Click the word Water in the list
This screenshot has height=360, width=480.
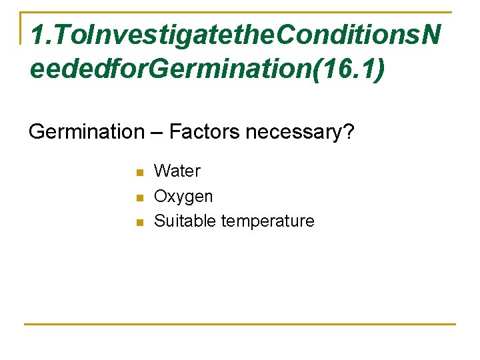point(177,171)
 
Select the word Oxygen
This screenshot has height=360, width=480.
point(183,197)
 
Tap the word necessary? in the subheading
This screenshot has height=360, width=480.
point(300,133)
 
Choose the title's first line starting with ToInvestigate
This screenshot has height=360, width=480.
point(233,35)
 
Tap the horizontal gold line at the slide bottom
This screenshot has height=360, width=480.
point(240,325)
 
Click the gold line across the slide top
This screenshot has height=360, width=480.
point(240,12)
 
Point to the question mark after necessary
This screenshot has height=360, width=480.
point(349,132)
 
